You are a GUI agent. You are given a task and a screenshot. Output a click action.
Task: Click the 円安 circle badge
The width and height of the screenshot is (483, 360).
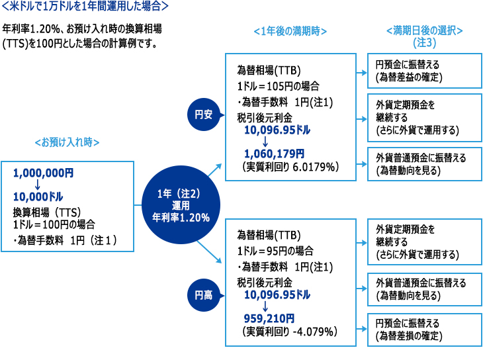[204, 114]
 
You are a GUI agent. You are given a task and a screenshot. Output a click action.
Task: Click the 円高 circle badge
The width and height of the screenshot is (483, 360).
[204, 295]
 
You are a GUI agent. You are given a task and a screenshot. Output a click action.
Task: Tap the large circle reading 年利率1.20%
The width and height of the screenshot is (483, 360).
[181, 205]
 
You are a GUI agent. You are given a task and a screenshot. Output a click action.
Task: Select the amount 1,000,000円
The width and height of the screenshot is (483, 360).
[43, 173]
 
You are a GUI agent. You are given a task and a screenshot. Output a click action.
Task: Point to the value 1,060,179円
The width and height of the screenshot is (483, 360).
[274, 154]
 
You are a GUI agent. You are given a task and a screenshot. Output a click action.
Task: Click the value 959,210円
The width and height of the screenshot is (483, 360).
[269, 318]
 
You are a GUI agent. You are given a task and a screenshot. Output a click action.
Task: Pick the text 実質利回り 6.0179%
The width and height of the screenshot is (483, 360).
[290, 167]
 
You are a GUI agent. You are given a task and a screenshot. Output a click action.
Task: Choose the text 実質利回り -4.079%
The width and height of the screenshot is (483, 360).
[290, 332]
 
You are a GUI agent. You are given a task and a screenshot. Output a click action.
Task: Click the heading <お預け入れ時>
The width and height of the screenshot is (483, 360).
[67, 142]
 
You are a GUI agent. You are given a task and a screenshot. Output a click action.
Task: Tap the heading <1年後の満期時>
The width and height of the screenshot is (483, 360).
[290, 31]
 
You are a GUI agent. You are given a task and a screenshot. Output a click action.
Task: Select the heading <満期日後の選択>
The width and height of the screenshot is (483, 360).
[425, 30]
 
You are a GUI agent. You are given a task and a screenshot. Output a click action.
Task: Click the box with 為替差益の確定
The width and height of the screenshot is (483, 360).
[425, 71]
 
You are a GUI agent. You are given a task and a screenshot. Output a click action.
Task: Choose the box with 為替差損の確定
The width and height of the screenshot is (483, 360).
[425, 330]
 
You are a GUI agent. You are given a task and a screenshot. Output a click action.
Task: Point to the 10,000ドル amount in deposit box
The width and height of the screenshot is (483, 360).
[38, 197]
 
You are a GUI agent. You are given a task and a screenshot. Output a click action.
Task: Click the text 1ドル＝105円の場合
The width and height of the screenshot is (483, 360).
[278, 86]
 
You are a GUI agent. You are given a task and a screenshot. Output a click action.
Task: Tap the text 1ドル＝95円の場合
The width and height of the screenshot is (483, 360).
[275, 251]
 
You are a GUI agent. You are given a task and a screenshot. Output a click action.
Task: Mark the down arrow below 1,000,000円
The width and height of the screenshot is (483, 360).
[38, 185]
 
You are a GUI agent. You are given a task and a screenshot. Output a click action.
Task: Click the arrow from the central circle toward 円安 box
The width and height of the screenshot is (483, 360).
[215, 170]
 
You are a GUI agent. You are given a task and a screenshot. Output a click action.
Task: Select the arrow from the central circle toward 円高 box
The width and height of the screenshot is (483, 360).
[210, 252]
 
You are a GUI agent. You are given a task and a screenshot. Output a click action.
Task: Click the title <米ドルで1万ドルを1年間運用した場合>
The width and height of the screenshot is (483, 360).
[85, 6]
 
